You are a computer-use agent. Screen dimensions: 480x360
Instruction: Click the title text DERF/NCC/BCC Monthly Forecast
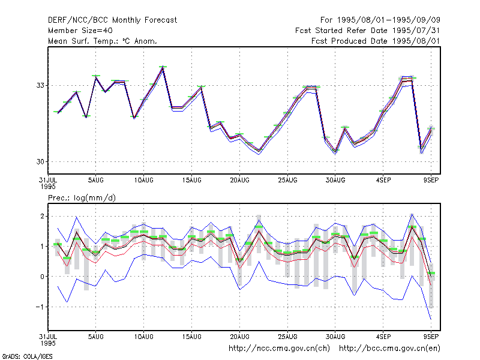[112, 20]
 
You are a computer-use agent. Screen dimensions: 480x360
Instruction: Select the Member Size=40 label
[80, 31]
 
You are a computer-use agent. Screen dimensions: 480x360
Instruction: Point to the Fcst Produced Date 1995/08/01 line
[376, 41]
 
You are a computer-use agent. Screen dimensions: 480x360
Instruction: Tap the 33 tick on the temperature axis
[40, 85]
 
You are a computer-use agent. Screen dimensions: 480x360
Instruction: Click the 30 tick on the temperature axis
[40, 161]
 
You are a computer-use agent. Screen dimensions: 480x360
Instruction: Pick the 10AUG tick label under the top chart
[143, 181]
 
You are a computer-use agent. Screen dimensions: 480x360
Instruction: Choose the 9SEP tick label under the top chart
[431, 181]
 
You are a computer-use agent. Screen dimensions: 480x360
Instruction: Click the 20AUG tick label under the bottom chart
[239, 337]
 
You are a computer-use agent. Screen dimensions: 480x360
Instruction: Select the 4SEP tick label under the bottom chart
[383, 337]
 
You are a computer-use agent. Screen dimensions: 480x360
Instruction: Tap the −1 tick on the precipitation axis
[40, 307]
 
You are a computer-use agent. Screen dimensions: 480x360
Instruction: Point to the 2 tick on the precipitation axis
[42, 217]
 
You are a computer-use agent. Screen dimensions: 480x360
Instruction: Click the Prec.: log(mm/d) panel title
[82, 198]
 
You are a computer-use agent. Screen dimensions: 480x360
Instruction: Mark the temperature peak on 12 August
[163, 67]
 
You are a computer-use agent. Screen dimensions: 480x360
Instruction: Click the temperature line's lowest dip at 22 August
[259, 151]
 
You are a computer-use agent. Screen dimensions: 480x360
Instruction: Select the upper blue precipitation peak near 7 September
[412, 214]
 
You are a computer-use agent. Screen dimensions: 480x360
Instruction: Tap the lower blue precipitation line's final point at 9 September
[431, 320]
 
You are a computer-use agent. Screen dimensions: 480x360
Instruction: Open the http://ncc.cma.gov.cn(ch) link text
[279, 349]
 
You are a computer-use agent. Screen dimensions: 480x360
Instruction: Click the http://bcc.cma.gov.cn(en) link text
[389, 349]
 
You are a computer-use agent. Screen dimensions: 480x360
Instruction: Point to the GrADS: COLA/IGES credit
[27, 356]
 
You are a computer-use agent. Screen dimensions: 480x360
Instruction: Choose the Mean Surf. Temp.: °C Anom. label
[103, 41]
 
